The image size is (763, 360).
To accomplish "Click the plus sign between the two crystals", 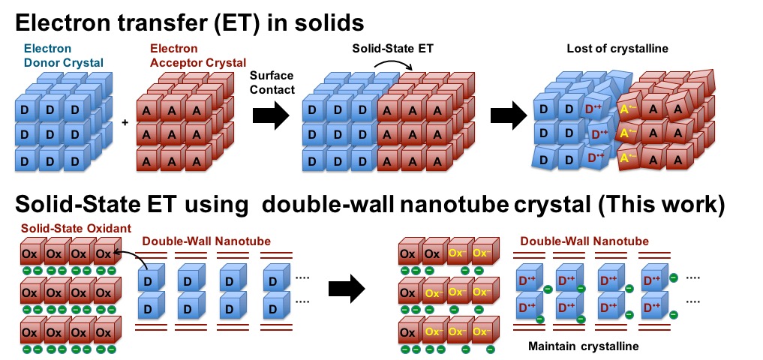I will (125, 121).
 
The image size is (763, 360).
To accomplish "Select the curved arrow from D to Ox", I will (135, 259).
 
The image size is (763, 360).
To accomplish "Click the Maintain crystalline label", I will (582, 346).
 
